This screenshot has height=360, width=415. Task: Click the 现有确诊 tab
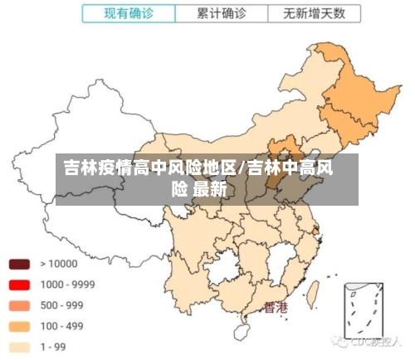coord(128,13)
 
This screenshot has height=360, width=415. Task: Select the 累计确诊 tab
coord(221,13)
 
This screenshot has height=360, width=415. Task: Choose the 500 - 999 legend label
coord(61,305)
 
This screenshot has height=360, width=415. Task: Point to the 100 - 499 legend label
coord(61,326)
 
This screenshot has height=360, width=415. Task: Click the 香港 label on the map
coord(276,308)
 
